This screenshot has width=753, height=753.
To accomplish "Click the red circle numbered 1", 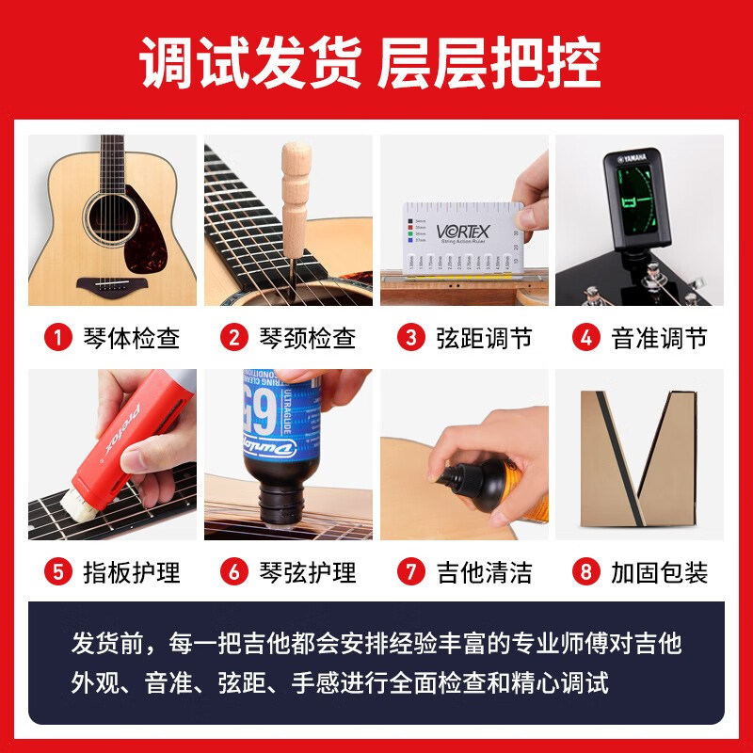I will [60, 338].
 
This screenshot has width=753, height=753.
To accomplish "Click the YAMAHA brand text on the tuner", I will [639, 158].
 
